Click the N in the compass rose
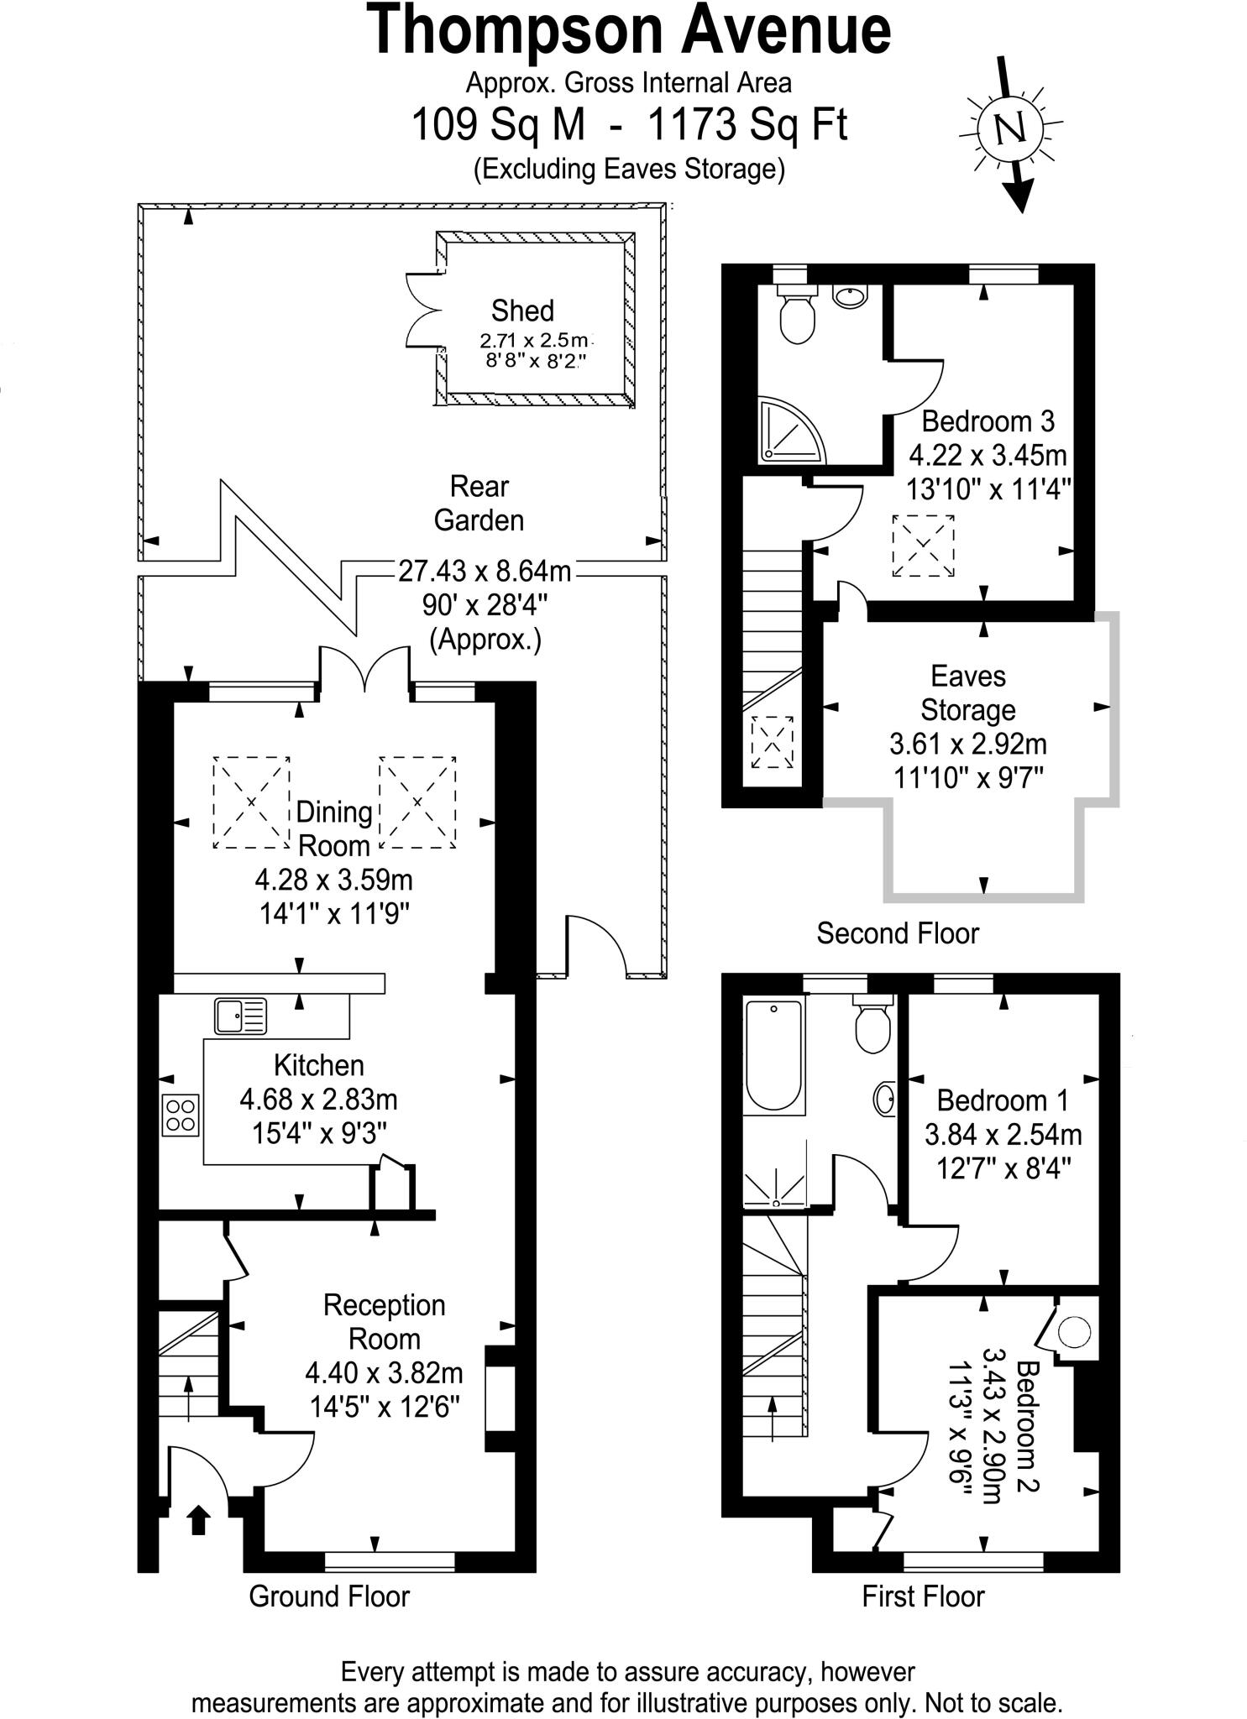pos(1010,128)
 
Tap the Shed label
pos(522,311)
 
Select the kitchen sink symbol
pos(240,1016)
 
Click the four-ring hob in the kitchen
pos(181,1116)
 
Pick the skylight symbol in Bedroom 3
pos(923,546)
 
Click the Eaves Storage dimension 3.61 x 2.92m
pos(967,744)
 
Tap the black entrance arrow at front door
pos(198,1519)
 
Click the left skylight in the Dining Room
pos(251,802)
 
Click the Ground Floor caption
pos(329,1596)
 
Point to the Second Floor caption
pos(898,933)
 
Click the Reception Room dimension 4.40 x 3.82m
pos(384,1372)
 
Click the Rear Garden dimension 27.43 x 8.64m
pos(485,571)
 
